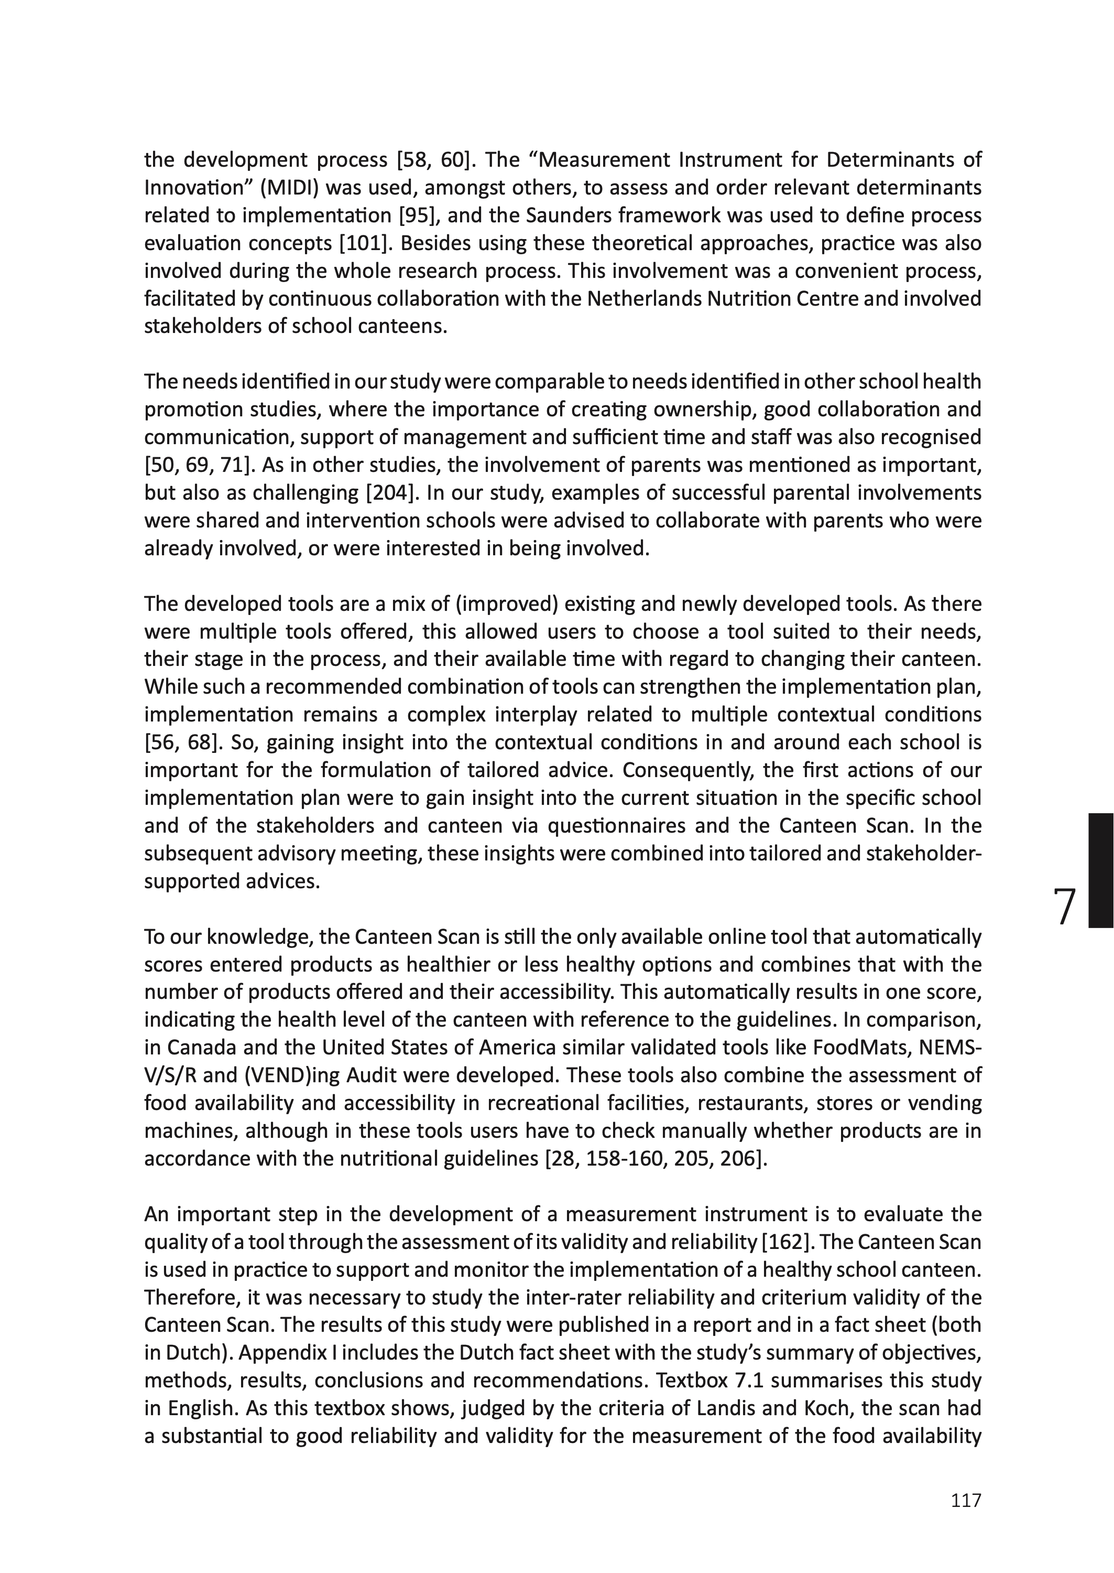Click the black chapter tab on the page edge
coord(1100,870)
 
